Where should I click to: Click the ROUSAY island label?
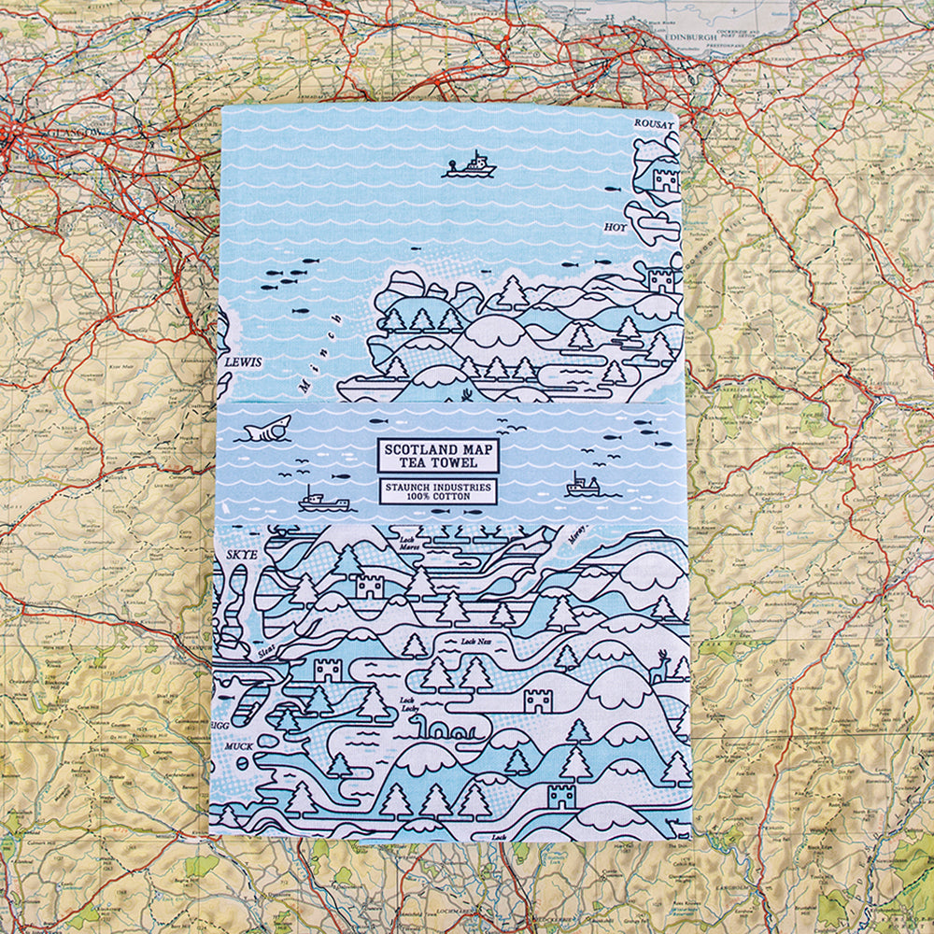654,123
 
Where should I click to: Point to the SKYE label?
241,554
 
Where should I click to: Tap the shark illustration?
267,429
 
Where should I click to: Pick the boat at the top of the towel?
470,166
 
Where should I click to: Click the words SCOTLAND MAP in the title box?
438,448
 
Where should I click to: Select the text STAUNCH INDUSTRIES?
438,486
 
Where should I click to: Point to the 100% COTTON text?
438,497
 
